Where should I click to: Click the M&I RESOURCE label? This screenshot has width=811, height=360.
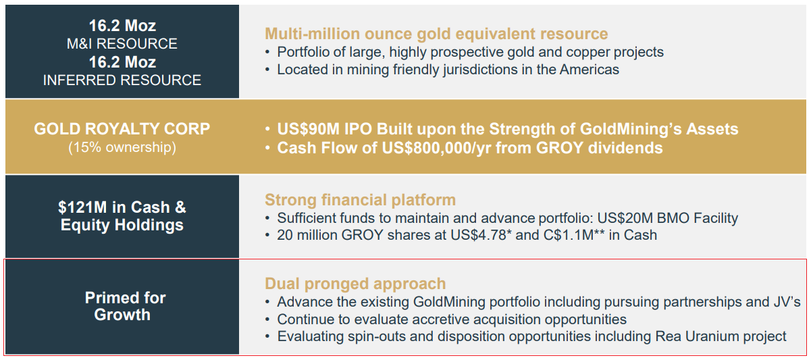pos(122,44)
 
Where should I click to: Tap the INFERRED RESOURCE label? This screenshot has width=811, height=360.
pos(122,80)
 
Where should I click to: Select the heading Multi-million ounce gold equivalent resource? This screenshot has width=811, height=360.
pos(436,34)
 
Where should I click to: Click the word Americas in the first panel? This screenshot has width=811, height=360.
pos(590,69)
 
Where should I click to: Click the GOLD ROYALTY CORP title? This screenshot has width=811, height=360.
pos(122,129)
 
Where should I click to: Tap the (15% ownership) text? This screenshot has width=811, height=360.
pos(122,147)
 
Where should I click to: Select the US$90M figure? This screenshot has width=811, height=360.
pos(308,129)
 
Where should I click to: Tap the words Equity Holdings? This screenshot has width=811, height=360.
pos(122,225)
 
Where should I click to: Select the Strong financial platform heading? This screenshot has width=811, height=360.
pos(360,200)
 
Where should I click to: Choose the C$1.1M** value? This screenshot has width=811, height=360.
pos(574,235)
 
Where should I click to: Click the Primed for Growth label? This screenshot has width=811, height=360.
pos(125,306)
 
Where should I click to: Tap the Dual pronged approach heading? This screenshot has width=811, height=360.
pos(355,284)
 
